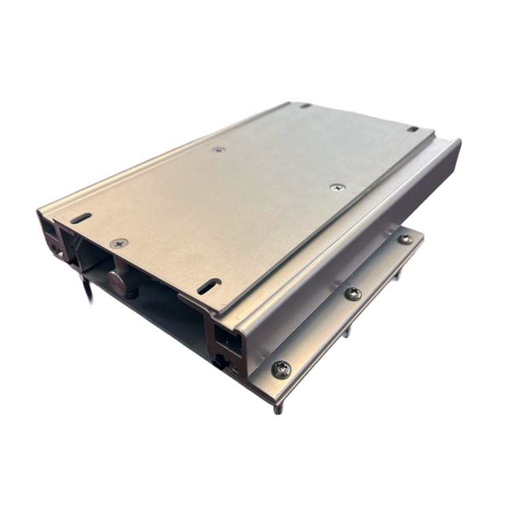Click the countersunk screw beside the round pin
[120, 243]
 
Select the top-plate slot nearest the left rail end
[81, 219]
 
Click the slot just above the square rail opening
[209, 286]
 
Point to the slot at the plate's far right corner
[413, 129]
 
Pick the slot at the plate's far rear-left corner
[305, 105]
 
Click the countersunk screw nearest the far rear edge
[218, 150]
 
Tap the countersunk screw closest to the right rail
[338, 187]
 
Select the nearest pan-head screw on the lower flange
[282, 369]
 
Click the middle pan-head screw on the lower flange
[353, 293]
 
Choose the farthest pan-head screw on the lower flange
[405, 239]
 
